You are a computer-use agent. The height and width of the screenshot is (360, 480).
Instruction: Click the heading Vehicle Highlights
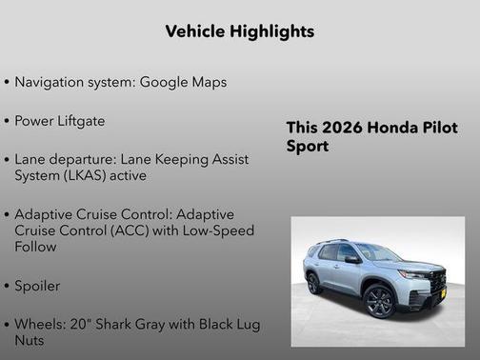[239, 31]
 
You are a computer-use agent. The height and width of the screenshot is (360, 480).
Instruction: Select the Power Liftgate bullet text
[60, 121]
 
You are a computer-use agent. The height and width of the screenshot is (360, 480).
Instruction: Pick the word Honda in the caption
[388, 128]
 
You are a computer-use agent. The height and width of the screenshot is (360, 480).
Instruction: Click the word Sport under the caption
[308, 147]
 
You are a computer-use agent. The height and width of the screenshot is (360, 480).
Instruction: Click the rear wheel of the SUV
[313, 283]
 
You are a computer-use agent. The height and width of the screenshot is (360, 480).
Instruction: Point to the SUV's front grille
[437, 283]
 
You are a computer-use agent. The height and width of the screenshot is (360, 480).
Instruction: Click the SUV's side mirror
[352, 259]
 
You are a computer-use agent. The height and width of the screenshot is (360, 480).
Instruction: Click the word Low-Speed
[211, 230]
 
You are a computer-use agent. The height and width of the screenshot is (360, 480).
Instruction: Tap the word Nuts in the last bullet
[32, 340]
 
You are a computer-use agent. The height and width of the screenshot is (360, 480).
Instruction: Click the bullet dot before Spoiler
[8, 286]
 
